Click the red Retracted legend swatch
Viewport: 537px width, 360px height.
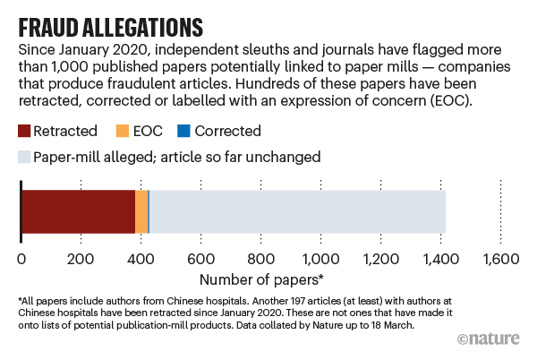pyautogui.click(x=22, y=131)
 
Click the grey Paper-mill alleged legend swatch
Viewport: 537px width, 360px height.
pyautogui.click(x=22, y=157)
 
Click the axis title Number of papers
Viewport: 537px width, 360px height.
pyautogui.click(x=260, y=279)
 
